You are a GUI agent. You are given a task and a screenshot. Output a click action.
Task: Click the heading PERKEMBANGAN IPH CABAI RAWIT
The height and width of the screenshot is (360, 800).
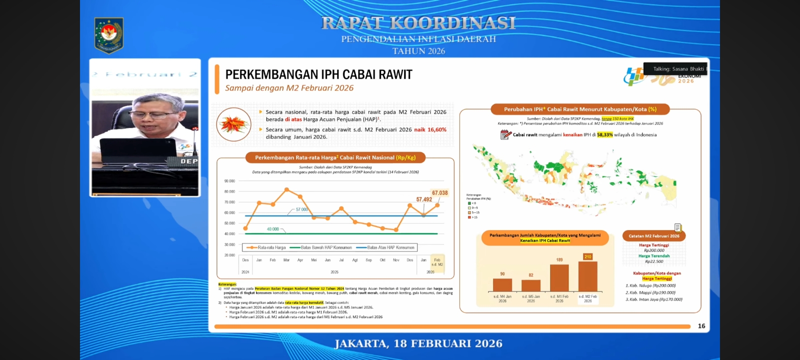318,74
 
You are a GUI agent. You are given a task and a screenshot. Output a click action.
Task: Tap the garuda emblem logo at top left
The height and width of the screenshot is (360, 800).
108,35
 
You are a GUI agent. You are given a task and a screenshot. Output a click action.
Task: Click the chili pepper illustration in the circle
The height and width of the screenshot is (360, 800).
233,124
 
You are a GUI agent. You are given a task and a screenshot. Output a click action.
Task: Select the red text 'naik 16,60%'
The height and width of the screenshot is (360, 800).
430,129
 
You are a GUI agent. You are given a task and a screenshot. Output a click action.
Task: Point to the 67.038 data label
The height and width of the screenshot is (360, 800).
439,193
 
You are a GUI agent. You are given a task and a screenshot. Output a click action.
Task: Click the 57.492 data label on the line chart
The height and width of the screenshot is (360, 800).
424,199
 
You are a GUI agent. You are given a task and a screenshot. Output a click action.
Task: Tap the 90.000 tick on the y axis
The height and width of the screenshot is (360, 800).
229,181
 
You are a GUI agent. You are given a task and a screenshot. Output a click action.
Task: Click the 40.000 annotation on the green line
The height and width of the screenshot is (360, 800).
272,229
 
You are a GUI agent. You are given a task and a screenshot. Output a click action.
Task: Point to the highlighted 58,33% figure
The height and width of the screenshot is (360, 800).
604,134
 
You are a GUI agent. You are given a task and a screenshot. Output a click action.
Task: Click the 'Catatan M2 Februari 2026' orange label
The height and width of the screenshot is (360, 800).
653,236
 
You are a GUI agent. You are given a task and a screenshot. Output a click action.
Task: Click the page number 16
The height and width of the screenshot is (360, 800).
701,326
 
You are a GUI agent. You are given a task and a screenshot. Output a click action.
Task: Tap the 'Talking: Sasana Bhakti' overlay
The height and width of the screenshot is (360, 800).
678,69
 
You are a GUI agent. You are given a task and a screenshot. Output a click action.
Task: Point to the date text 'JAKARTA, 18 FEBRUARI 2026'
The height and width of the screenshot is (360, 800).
418,343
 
